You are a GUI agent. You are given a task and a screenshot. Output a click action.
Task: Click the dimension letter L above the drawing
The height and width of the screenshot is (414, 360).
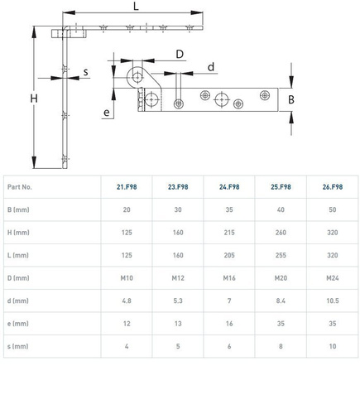tap(136, 6)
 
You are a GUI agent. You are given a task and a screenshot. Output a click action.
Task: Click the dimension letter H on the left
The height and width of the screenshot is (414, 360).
tap(34, 99)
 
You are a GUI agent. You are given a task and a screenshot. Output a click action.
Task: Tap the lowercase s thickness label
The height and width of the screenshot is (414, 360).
tap(86, 72)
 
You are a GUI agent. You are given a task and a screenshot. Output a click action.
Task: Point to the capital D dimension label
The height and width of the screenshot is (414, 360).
tap(180, 54)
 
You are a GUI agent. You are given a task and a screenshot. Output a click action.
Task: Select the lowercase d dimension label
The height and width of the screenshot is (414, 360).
tap(211, 67)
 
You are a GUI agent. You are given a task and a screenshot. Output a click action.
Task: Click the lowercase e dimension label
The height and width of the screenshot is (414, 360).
tap(107, 113)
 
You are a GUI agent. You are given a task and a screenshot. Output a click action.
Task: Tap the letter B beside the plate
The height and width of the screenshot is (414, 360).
tap(291, 99)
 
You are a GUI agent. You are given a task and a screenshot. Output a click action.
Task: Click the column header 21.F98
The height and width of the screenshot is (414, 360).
tap(127, 187)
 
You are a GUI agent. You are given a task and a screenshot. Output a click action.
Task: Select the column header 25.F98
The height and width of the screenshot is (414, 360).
tap(281, 187)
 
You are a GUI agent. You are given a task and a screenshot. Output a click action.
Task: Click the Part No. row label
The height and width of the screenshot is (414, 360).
tap(20, 187)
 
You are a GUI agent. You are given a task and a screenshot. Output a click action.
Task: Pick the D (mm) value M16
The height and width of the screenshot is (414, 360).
tap(229, 278)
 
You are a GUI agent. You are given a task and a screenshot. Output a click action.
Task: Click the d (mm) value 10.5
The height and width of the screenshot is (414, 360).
tap(333, 301)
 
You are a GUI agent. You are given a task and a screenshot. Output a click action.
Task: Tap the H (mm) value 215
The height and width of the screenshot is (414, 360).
tap(229, 233)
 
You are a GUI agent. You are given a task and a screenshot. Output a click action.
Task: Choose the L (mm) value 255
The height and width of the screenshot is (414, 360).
tap(281, 255)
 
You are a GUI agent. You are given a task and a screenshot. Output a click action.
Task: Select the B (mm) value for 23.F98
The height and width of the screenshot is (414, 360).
tap(178, 209)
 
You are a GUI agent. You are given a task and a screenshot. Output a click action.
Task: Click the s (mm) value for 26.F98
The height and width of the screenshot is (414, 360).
tap(333, 346)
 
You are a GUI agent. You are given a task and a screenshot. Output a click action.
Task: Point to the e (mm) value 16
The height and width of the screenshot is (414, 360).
tap(229, 324)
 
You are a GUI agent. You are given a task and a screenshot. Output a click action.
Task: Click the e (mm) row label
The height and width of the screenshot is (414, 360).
tap(18, 324)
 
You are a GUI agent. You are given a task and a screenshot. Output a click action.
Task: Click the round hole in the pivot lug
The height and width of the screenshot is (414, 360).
tap(137, 77)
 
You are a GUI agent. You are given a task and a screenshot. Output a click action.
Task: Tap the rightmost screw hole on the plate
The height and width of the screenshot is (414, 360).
tap(265, 95)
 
